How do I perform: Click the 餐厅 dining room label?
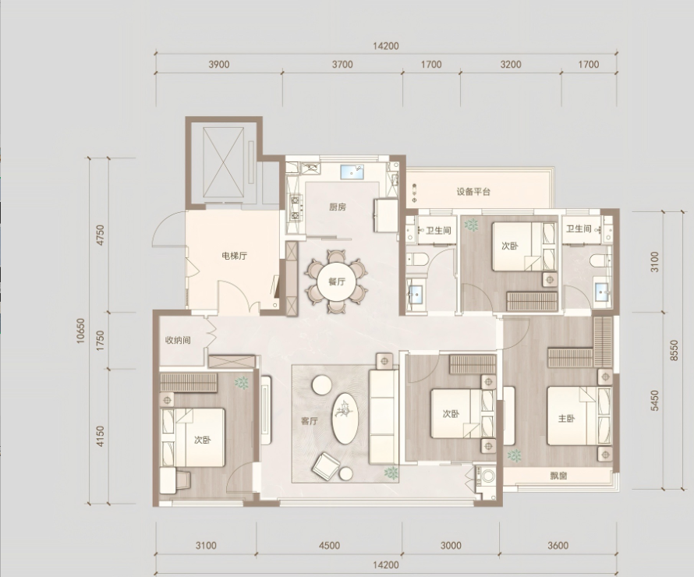[x=337, y=281]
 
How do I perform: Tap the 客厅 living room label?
[x=310, y=421]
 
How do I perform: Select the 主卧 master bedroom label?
[x=566, y=418]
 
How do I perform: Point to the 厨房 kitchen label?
[x=338, y=207]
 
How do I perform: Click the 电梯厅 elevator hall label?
[x=234, y=256]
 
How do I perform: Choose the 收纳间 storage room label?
[x=178, y=340]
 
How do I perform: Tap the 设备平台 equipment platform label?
[x=473, y=192]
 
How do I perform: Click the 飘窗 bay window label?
[x=558, y=476]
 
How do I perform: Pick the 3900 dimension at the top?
[x=219, y=65]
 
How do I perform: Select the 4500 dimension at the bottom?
[x=329, y=546]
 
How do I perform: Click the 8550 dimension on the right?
[x=674, y=350]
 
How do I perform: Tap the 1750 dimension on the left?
[x=101, y=341]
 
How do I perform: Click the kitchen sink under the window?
[x=352, y=172]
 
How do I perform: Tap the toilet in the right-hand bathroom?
[x=600, y=260]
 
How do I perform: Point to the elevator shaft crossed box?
[x=224, y=162]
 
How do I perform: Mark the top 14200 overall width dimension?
[x=385, y=46]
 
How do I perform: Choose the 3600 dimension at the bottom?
[x=558, y=546]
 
